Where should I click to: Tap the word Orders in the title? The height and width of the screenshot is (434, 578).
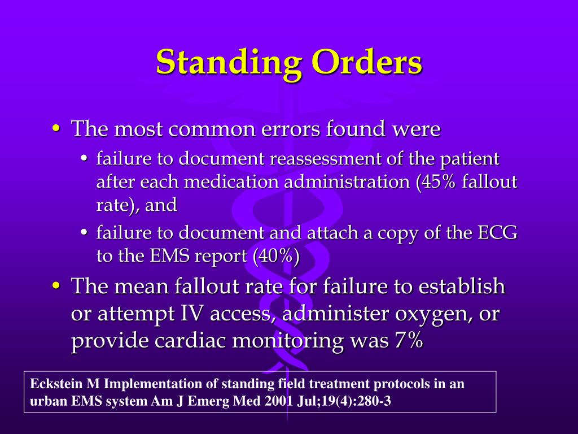[367, 62]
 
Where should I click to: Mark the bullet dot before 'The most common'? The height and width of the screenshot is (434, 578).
[56, 129]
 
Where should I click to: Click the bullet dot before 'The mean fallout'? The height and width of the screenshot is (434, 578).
[56, 287]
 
